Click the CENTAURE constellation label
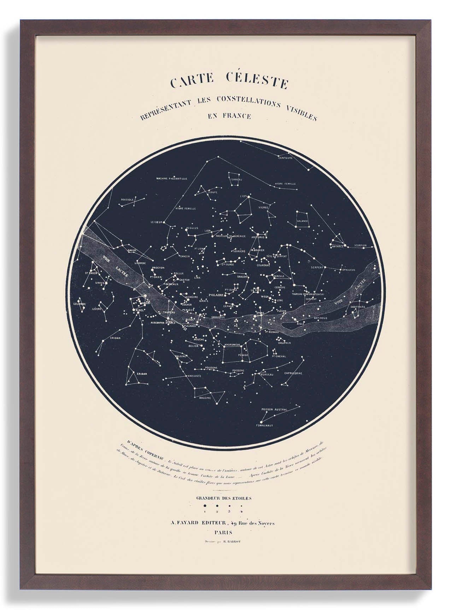285,158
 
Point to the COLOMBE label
80,304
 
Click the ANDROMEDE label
232,344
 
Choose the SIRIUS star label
99,283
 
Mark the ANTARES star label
337,246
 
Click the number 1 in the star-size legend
204,511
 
